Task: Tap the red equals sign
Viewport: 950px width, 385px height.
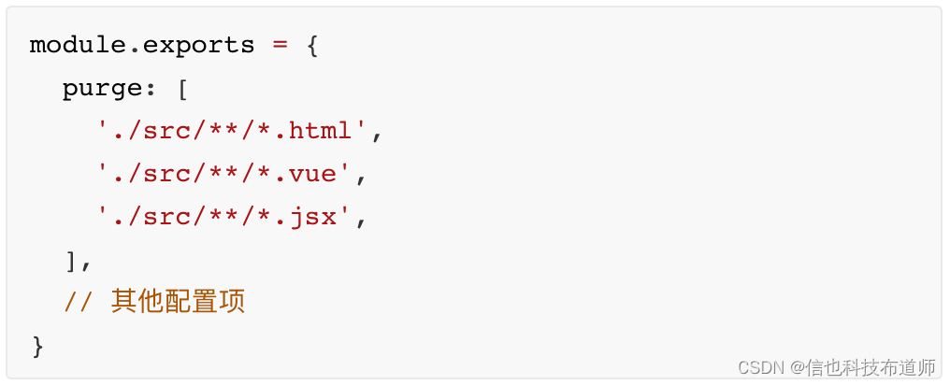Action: [280, 46]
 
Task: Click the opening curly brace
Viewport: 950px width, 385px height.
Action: [312, 46]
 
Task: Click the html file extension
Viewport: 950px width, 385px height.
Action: [321, 131]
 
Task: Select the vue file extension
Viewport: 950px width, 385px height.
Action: [312, 175]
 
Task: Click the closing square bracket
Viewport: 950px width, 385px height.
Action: [70, 261]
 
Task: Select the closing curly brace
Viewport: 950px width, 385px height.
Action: [37, 347]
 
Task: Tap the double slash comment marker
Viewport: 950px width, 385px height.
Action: [78, 302]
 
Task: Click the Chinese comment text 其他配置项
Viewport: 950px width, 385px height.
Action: [178, 302]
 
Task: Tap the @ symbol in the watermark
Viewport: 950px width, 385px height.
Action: [798, 367]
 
